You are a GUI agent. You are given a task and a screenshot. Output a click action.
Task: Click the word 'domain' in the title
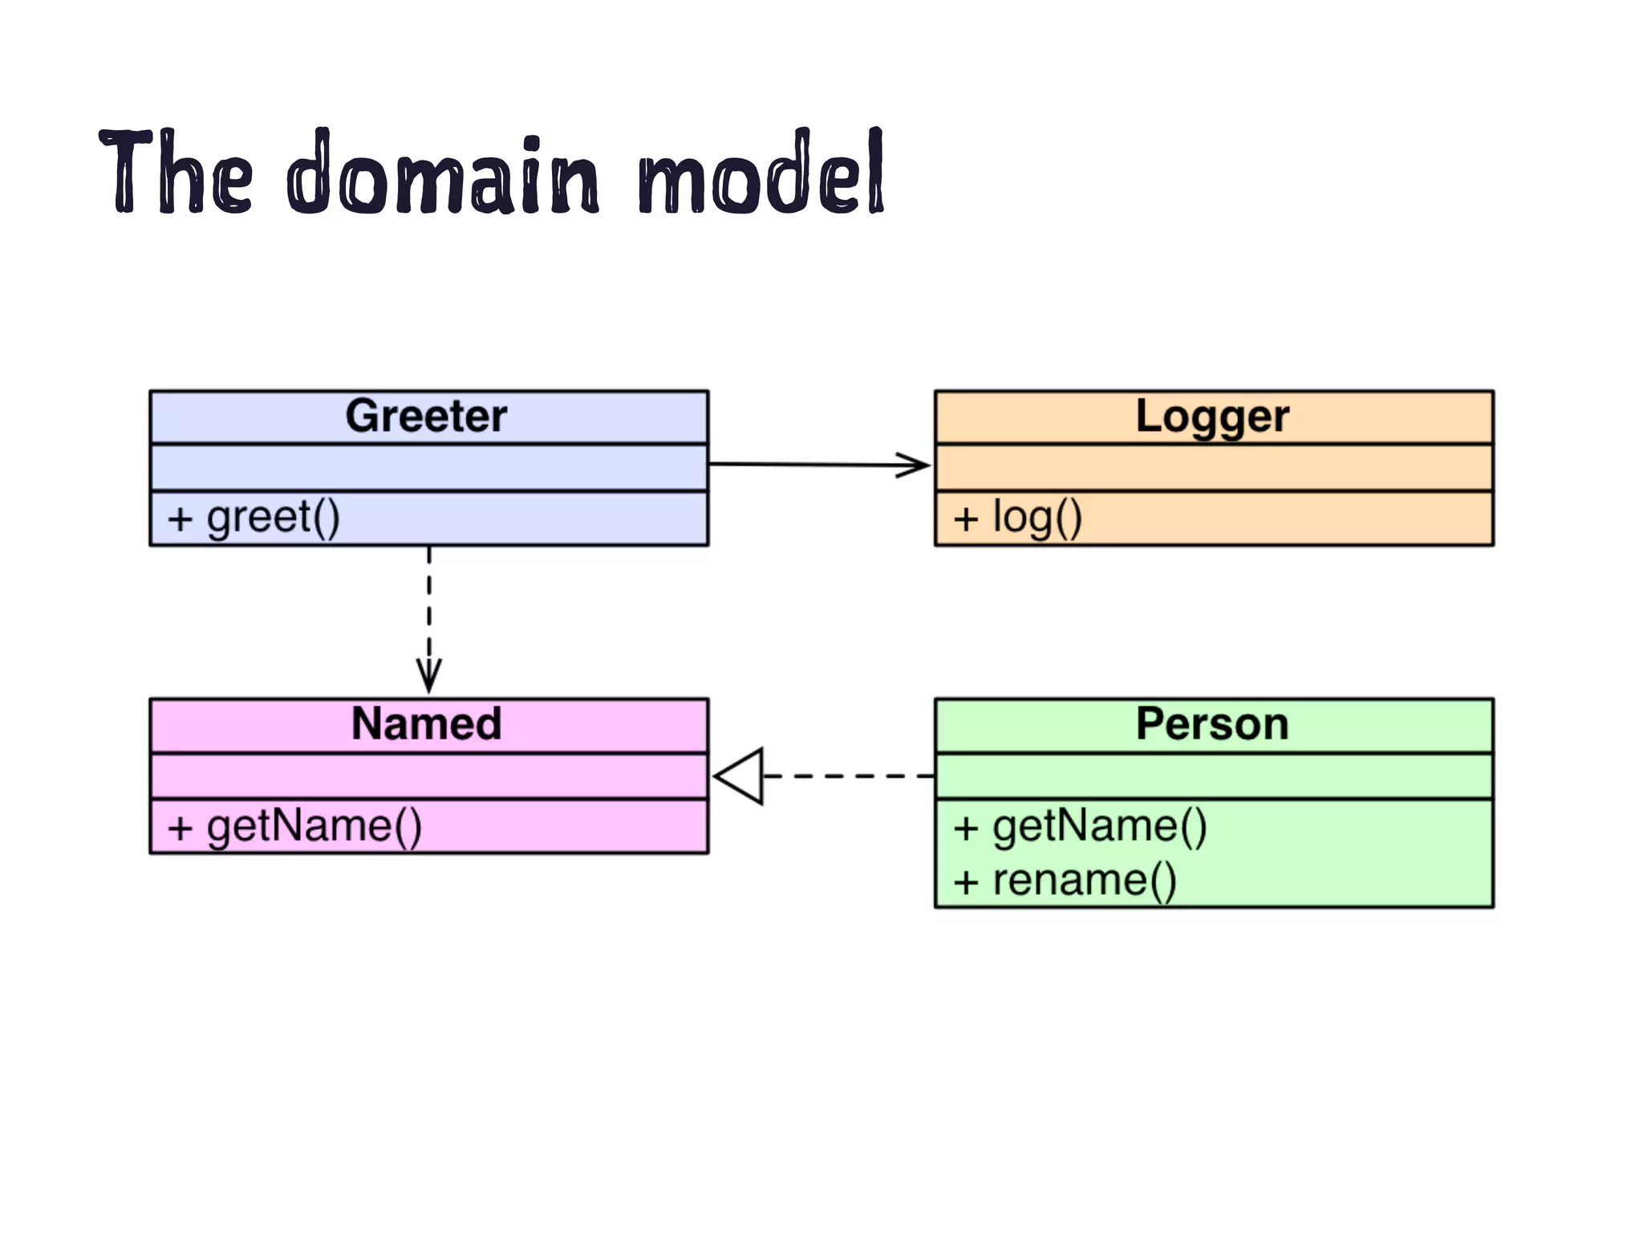click(x=443, y=173)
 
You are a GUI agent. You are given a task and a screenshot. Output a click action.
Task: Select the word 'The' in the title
click(x=175, y=173)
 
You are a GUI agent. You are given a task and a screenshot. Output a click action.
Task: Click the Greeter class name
click(x=426, y=416)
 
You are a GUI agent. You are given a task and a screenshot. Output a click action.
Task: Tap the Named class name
click(x=426, y=723)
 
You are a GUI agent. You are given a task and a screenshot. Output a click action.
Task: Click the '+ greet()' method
click(x=254, y=518)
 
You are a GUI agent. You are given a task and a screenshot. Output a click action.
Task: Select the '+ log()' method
click(x=1017, y=518)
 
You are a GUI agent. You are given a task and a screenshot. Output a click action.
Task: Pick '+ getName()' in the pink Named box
click(x=294, y=826)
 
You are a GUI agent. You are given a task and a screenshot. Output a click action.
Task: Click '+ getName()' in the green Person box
click(x=1080, y=826)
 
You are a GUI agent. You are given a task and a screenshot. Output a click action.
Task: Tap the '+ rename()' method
click(x=1065, y=881)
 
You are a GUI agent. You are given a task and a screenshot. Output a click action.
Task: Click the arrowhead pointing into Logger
click(x=915, y=465)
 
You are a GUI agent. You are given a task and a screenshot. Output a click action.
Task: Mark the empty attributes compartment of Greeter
click(x=428, y=467)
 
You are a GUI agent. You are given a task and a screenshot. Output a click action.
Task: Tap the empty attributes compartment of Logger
click(x=1213, y=467)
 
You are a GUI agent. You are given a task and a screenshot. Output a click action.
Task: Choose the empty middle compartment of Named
click(x=428, y=775)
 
